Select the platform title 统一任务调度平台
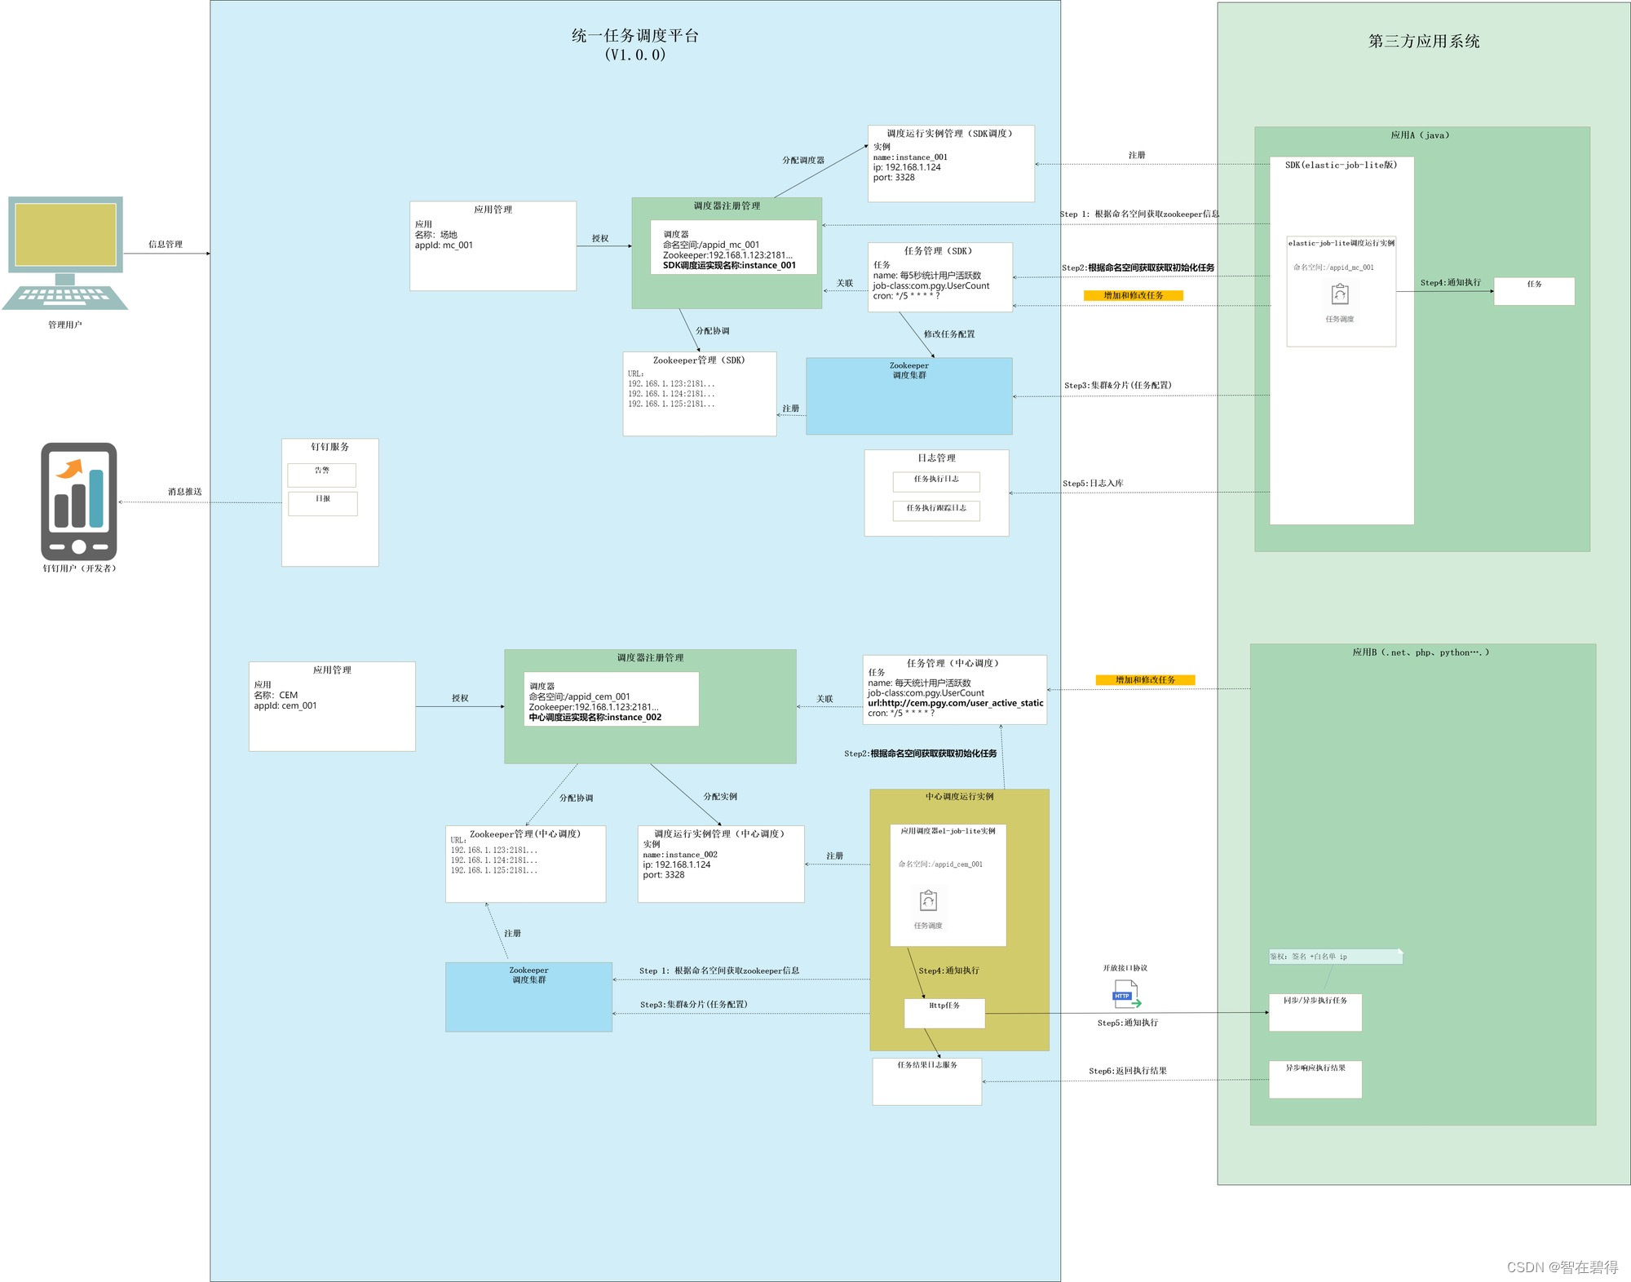coord(634,36)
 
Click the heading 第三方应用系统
coord(1423,42)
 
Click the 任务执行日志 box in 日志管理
coord(936,481)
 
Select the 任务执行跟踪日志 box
coord(936,510)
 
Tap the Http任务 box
coord(944,1012)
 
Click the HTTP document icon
coord(1126,995)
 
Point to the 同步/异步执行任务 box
coord(1315,1011)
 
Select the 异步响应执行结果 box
coord(1315,1078)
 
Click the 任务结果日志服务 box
coord(926,1081)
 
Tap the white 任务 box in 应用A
coord(1533,290)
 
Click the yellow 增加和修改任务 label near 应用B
coord(1145,679)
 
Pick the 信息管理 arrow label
coord(166,244)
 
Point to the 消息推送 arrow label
coord(184,492)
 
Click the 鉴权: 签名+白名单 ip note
coord(1334,956)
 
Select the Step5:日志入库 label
coord(1092,484)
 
